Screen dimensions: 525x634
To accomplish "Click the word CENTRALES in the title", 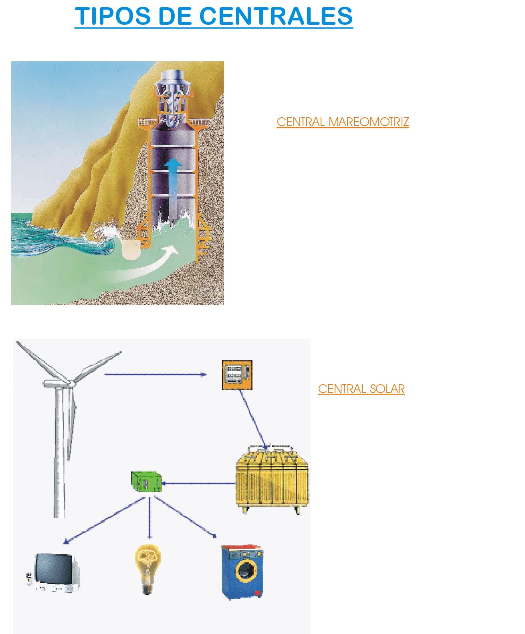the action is pos(276,16).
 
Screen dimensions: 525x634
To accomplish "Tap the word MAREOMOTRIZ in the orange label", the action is pos(368,122).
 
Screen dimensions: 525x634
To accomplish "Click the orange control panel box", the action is pos(237,375).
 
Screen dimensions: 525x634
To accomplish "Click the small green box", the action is pos(146,482).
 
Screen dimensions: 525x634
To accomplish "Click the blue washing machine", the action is pos(242,572).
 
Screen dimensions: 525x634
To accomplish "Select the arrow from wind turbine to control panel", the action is pos(155,375).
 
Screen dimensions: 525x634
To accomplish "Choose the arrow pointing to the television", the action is pos(104,520).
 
